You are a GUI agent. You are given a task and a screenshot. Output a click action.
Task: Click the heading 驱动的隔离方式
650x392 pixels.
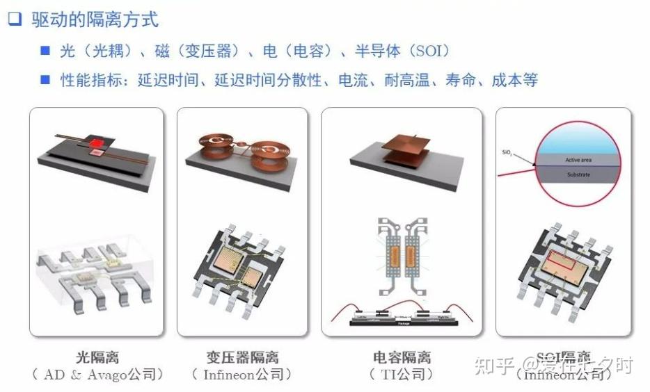tap(95, 19)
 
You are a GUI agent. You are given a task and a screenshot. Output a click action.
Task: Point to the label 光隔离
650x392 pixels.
tap(97, 358)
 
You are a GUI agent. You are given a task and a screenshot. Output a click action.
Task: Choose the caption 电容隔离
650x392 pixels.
tap(402, 358)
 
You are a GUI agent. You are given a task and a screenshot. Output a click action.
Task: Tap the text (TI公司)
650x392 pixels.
tap(402, 375)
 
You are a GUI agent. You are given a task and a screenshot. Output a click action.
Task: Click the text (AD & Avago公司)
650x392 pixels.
tap(97, 375)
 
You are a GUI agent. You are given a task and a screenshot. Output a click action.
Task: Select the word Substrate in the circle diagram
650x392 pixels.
tap(577, 174)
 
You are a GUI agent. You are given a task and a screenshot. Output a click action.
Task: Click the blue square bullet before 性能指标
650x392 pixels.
tap(45, 80)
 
